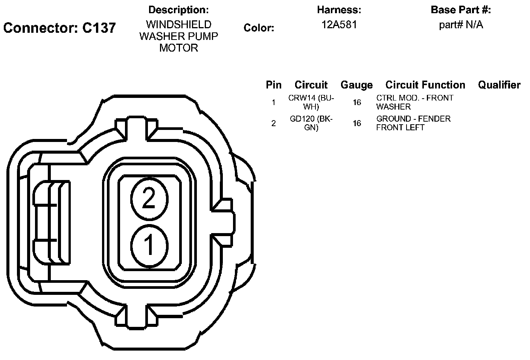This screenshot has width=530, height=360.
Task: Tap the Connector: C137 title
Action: pyautogui.click(x=59, y=28)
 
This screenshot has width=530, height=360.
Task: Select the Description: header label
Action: pyautogui.click(x=178, y=10)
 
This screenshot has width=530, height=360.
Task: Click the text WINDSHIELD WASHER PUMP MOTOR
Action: pyautogui.click(x=179, y=36)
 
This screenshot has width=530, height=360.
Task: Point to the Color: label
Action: pyautogui.click(x=259, y=28)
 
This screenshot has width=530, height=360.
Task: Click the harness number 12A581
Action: pyautogui.click(x=339, y=24)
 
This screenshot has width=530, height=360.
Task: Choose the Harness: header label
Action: pyautogui.click(x=339, y=10)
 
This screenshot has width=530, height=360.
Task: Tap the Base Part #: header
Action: pyautogui.click(x=461, y=10)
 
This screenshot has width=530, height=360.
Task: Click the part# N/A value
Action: pyautogui.click(x=461, y=25)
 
